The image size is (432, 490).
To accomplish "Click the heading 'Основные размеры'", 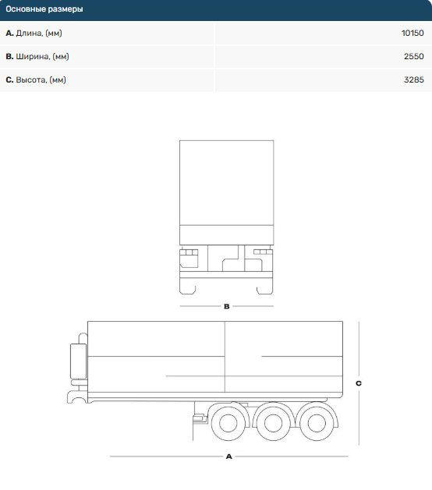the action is coord(44,9).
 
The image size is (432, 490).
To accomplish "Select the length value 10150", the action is coord(413,33).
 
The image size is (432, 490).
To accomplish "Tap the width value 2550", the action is coord(413,57).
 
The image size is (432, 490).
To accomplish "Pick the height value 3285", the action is coord(413,80).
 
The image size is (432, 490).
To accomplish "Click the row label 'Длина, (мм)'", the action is coord(39,33).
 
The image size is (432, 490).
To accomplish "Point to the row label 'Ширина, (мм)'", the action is coord(42,57).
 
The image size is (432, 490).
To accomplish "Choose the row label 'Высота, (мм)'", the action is coord(41,80).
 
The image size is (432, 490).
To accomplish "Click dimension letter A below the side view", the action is coord(229,457).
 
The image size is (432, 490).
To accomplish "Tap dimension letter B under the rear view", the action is coord(227,306).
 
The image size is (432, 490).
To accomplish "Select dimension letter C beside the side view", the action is coord(359,383).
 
